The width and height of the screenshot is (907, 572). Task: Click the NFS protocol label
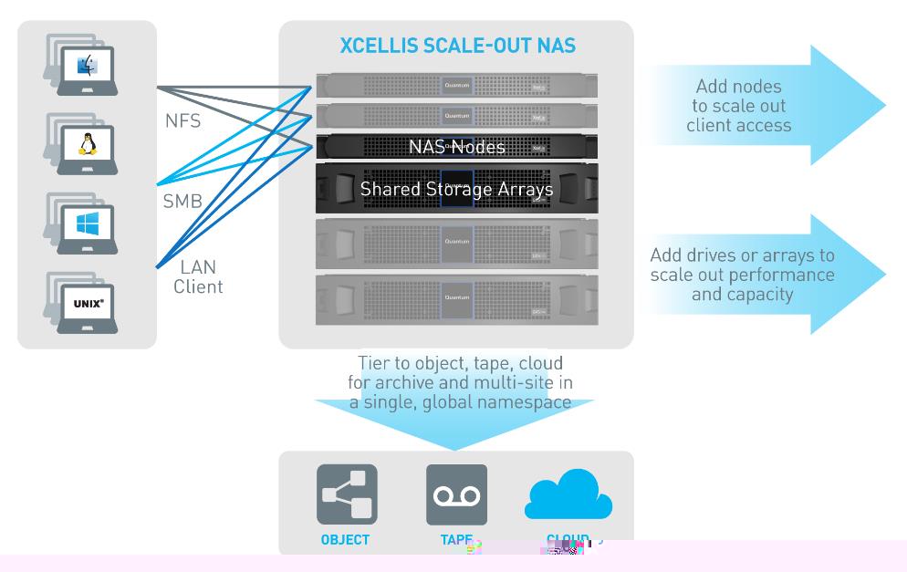coord(183,120)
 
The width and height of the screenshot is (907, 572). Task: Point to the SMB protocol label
coord(182,202)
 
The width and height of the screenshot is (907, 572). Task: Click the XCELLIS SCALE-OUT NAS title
coord(457,47)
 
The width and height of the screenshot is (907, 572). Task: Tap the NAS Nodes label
coord(456,146)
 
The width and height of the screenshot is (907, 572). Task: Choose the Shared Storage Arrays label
coord(456,189)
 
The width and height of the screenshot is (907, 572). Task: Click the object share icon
coord(347,495)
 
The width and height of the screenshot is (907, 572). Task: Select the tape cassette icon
coord(456,495)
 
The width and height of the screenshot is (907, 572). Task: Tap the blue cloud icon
coord(568,495)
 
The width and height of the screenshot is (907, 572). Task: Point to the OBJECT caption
coord(345,540)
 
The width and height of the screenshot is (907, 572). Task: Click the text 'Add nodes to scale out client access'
coord(738,106)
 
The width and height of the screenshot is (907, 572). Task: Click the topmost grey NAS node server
coord(456,86)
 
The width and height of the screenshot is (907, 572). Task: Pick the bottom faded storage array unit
coord(456,299)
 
